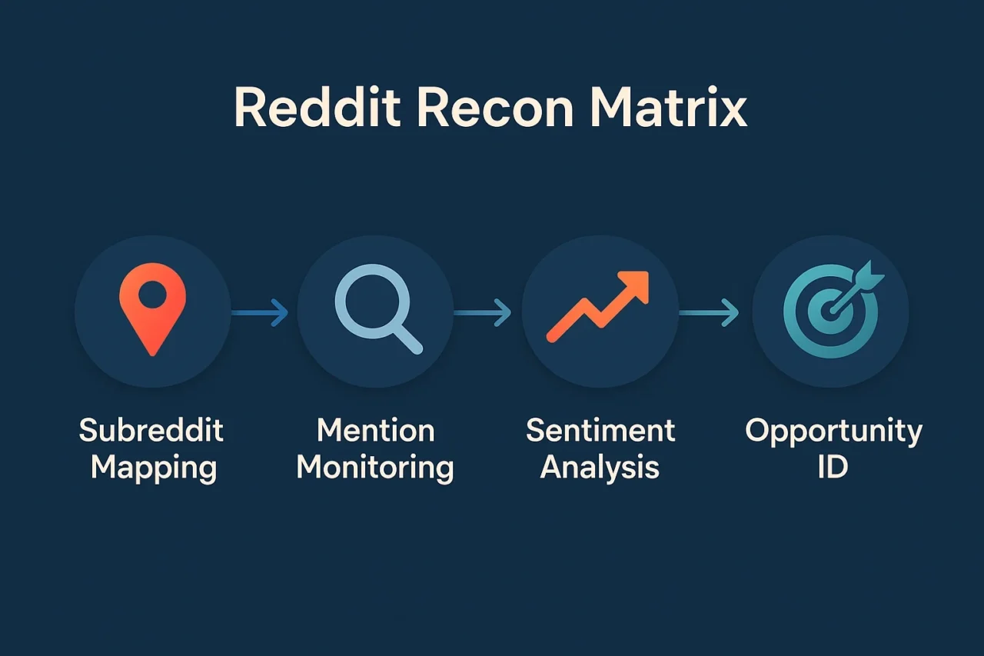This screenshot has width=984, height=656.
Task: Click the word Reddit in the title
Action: pyautogui.click(x=317, y=107)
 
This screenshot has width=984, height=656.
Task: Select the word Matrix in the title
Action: pyautogui.click(x=668, y=107)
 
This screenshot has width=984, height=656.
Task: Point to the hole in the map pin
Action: pyautogui.click(x=152, y=294)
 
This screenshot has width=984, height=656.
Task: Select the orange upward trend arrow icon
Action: pyautogui.click(x=598, y=306)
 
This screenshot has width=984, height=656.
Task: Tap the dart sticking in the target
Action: pyautogui.click(x=856, y=288)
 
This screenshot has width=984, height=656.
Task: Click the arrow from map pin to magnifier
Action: pyautogui.click(x=260, y=313)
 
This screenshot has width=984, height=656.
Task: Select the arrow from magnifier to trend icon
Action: pyautogui.click(x=482, y=313)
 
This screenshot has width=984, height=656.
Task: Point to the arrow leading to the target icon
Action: pyautogui.click(x=709, y=313)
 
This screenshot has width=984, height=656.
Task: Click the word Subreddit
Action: pyautogui.click(x=151, y=430)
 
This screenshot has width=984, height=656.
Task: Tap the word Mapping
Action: pyautogui.click(x=154, y=468)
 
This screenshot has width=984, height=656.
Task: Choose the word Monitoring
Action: pyautogui.click(x=375, y=468)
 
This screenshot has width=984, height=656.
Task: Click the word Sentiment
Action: pyautogui.click(x=600, y=430)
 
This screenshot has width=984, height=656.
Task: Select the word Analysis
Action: pyautogui.click(x=600, y=468)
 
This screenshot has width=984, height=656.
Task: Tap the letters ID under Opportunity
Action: pyautogui.click(x=833, y=467)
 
